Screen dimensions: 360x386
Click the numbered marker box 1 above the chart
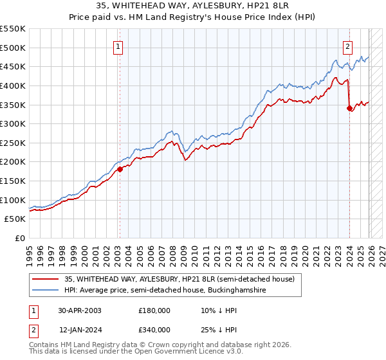tap(119, 46)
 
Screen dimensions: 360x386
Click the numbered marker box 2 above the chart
tap(347, 46)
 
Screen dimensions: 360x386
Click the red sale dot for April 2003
tap(120, 170)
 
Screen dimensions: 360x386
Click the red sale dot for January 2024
tap(349, 109)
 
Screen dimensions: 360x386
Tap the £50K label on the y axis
tap(15, 219)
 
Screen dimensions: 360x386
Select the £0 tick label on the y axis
tap(20, 239)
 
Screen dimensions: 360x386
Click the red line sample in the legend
tap(46, 279)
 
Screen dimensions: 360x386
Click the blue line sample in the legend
tap(46, 291)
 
